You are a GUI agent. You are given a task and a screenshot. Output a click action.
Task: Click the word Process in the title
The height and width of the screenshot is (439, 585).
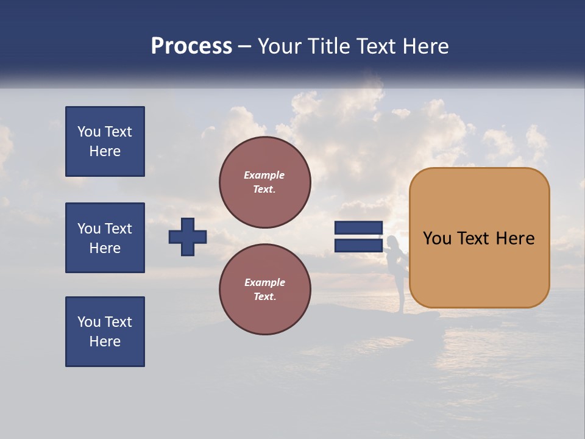(x=191, y=46)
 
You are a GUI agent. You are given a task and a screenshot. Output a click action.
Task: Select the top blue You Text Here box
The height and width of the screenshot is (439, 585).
(x=105, y=141)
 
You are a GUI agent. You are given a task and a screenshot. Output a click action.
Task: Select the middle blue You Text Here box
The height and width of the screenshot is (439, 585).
(x=105, y=238)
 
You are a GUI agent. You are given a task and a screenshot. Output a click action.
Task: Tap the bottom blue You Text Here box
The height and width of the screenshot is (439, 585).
(x=105, y=332)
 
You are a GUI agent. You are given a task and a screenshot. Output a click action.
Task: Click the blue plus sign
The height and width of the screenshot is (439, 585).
(x=188, y=237)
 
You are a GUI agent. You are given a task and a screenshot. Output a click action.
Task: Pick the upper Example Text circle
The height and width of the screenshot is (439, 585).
(x=265, y=182)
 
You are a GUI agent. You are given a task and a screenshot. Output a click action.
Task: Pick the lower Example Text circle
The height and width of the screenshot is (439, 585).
(x=265, y=290)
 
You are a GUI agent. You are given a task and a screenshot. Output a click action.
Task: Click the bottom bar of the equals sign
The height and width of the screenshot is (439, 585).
(x=358, y=245)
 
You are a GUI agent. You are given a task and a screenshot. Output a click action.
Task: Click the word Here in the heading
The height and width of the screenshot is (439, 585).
(x=425, y=46)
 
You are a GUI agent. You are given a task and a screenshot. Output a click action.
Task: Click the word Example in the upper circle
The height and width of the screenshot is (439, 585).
(x=264, y=175)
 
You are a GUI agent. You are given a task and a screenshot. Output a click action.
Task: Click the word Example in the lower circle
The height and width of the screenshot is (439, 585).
(x=264, y=282)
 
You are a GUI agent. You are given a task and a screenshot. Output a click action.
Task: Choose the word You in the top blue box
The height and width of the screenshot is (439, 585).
(x=89, y=132)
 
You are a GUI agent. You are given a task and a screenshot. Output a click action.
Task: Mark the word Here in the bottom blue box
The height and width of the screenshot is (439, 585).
(x=105, y=341)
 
